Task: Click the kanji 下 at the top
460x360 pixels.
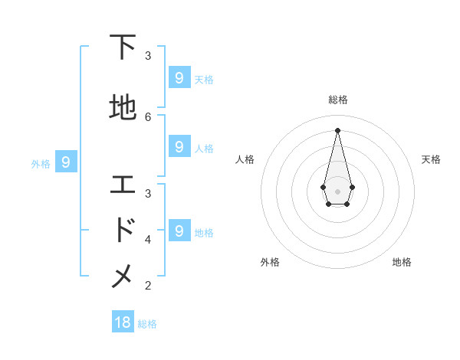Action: pyautogui.click(x=123, y=48)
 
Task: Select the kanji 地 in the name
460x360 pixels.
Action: pyautogui.click(x=123, y=107)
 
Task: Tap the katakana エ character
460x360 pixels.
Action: pyautogui.click(x=123, y=185)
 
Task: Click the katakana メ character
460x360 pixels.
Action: pyautogui.click(x=123, y=277)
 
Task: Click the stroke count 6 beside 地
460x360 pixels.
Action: pyautogui.click(x=148, y=116)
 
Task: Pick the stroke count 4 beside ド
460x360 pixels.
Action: pyautogui.click(x=148, y=239)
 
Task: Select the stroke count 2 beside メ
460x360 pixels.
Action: pyautogui.click(x=148, y=286)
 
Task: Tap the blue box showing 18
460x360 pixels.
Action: pyautogui.click(x=123, y=322)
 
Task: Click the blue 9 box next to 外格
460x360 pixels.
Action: pyautogui.click(x=66, y=162)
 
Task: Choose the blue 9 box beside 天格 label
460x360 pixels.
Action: pyautogui.click(x=179, y=78)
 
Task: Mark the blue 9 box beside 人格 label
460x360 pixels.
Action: pyautogui.click(x=179, y=147)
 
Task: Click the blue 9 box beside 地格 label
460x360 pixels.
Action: pyautogui.click(x=179, y=231)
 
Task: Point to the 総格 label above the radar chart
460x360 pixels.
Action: pyautogui.click(x=337, y=100)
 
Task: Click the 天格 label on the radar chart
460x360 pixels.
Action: pyautogui.click(x=431, y=159)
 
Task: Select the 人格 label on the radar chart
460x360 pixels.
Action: pyautogui.click(x=245, y=159)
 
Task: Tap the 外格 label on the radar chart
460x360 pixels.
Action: pyautogui.click(x=270, y=262)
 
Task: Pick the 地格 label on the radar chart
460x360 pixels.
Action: pyautogui.click(x=402, y=262)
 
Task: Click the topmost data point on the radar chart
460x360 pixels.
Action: pyautogui.click(x=337, y=129)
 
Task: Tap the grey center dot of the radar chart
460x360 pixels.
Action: pyautogui.click(x=337, y=191)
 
